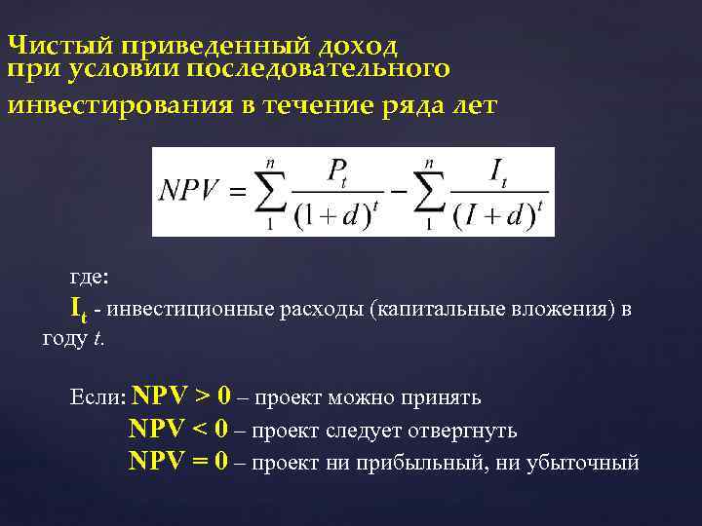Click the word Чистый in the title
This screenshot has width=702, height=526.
tap(58, 46)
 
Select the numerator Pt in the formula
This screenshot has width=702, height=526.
tap(337, 172)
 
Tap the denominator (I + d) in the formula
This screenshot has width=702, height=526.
tap(492, 217)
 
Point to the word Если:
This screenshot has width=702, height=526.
tap(98, 398)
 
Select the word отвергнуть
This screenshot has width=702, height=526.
tap(459, 431)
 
